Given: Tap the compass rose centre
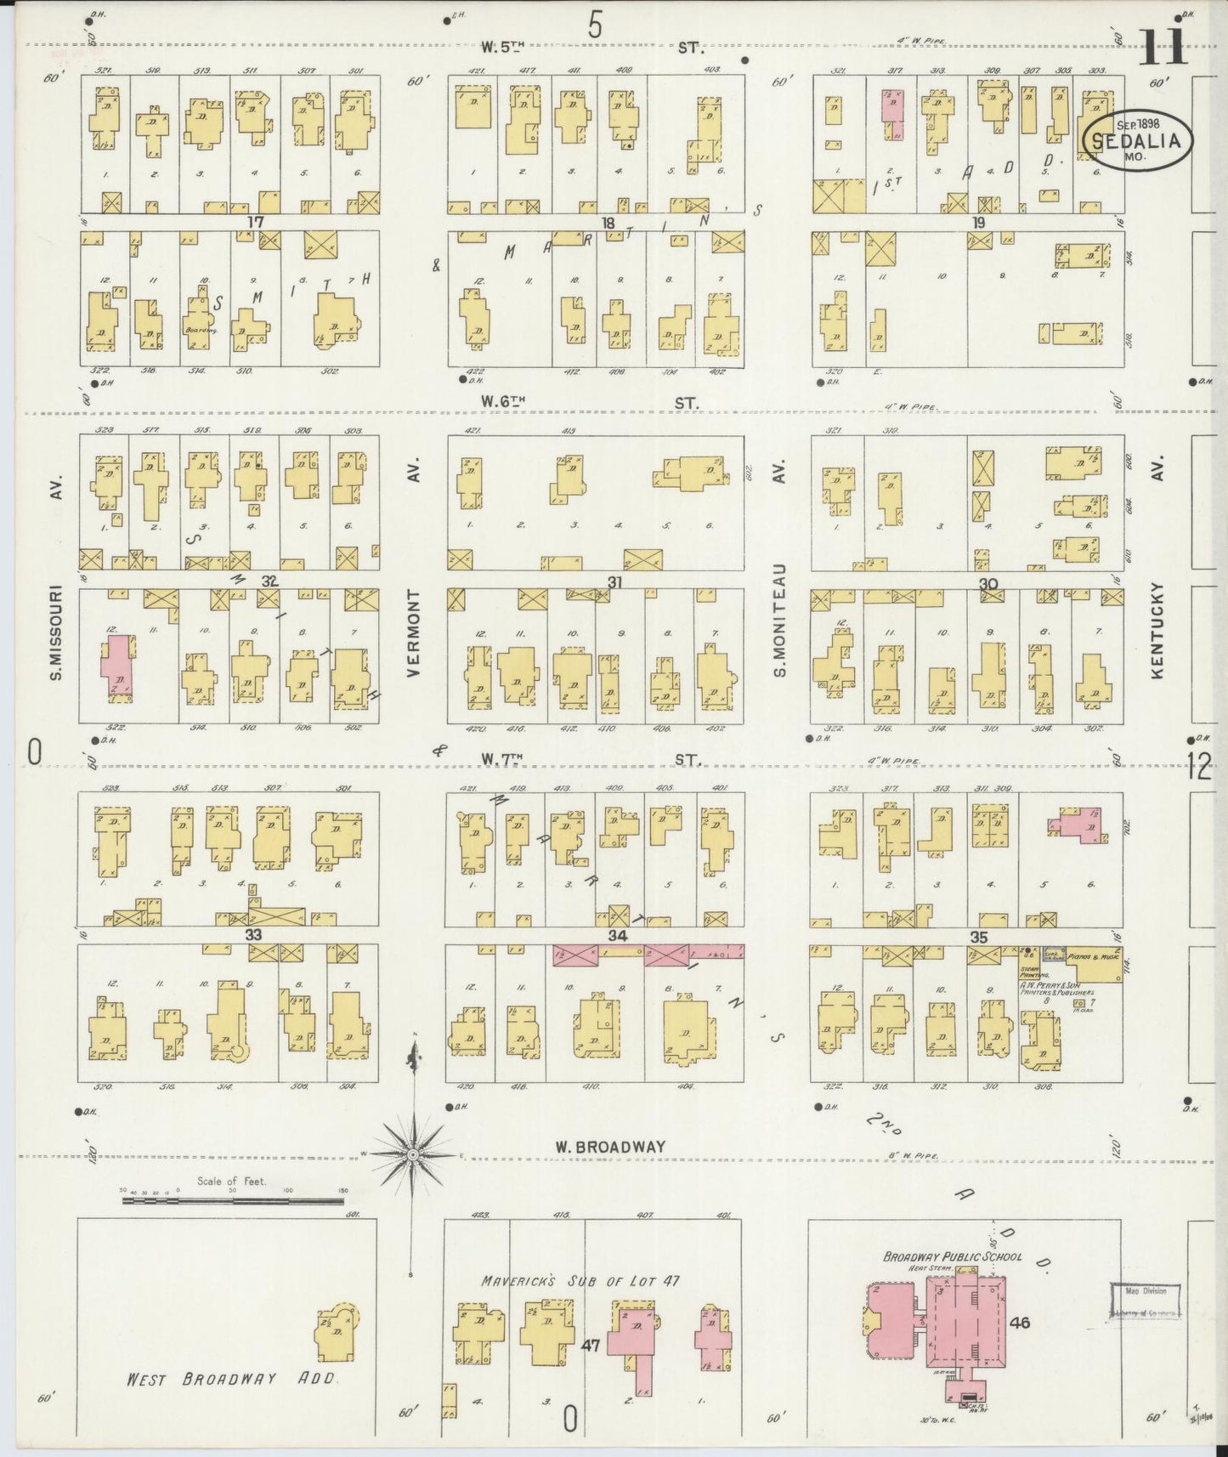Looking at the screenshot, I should (x=411, y=1154).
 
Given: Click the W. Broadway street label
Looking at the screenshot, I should (x=610, y=1147).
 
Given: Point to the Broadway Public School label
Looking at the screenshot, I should (x=952, y=1256).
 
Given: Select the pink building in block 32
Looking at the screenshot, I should (x=118, y=666).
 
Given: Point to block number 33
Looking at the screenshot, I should (x=253, y=935).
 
